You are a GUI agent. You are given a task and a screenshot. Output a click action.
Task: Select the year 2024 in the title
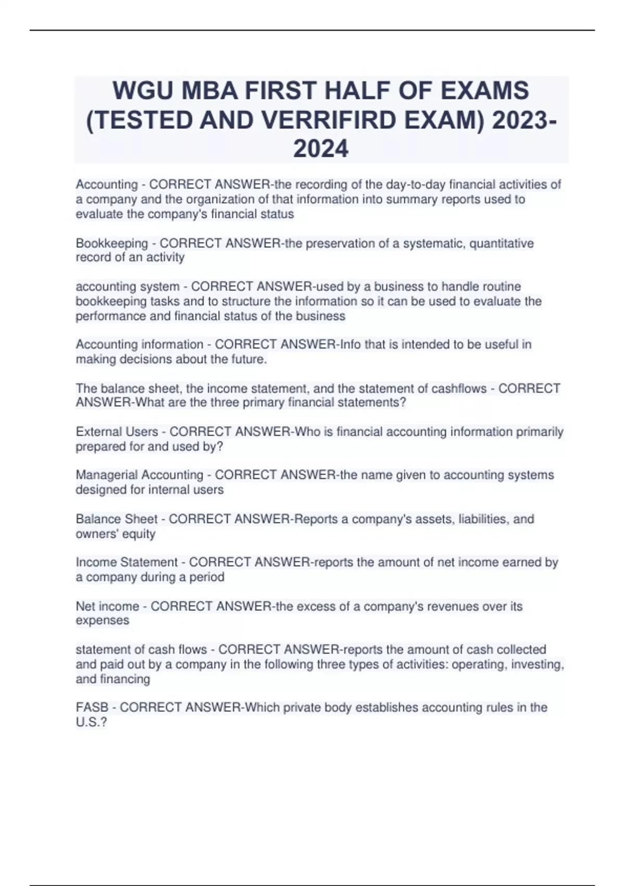[x=321, y=149]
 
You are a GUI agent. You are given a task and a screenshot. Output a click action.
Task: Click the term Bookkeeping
[x=112, y=243]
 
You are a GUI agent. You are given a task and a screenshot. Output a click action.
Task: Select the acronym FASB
[x=92, y=708]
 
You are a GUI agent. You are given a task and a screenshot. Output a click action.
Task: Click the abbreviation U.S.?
[x=91, y=722]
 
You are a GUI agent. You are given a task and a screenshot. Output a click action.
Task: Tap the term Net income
[x=107, y=607]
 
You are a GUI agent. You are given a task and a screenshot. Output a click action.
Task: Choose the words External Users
[x=117, y=432]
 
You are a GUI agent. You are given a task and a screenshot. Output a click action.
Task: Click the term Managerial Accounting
[x=139, y=475]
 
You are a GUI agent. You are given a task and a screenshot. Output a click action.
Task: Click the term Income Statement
[x=127, y=562]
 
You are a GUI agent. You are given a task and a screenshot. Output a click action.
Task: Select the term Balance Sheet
[x=116, y=519]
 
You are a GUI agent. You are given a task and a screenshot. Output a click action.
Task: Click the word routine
[x=499, y=287]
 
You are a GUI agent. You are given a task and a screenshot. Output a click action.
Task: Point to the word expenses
[x=102, y=621]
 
